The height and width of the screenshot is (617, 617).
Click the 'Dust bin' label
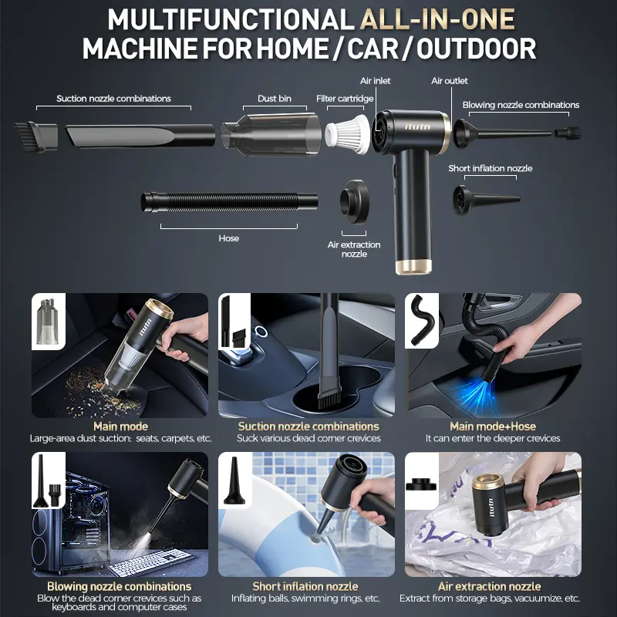coord(275,99)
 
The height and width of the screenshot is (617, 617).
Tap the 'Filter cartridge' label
coord(345,99)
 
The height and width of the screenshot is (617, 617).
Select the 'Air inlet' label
coord(375,81)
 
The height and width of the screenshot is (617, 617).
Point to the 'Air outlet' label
coord(450,81)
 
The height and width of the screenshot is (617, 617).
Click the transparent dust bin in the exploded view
coord(271,134)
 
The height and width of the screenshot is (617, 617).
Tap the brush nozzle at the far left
coord(35,137)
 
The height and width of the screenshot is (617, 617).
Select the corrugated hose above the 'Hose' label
coord(230,202)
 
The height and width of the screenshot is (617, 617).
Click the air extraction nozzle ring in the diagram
coord(354,202)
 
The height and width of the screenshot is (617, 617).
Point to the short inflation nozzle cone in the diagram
coord(487,200)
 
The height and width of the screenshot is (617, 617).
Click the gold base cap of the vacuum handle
coord(413,266)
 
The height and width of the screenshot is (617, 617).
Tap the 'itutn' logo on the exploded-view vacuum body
coord(418,126)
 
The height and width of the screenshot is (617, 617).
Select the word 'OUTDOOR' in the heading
coord(477,49)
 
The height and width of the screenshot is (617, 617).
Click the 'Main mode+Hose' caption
coord(493,427)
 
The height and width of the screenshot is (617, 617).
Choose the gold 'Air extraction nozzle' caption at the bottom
coord(490,586)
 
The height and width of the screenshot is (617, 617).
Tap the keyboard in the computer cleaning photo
coord(151,562)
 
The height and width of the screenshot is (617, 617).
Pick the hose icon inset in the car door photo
coord(422,321)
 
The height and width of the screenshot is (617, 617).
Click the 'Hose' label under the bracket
coord(228,238)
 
